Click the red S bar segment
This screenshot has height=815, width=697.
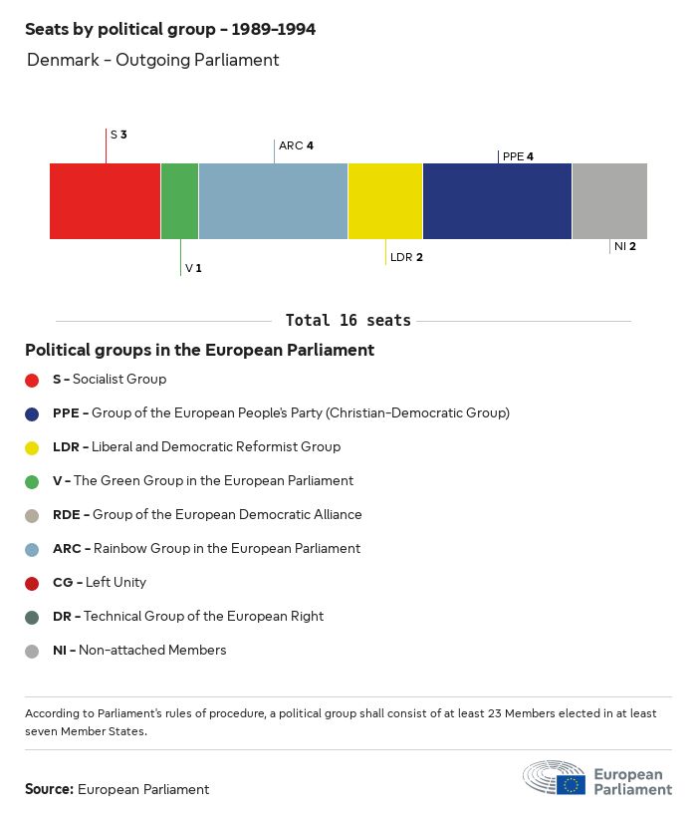[105, 200]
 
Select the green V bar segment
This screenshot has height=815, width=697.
[179, 200]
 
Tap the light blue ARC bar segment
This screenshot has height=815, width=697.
[273, 200]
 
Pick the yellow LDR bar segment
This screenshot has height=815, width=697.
[385, 200]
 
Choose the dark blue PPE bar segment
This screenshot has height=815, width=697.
[497, 200]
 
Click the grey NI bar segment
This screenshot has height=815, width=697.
[609, 200]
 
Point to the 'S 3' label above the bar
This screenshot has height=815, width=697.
[118, 134]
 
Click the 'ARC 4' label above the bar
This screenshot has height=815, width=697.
[296, 145]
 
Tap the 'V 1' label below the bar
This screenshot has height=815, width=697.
[193, 269]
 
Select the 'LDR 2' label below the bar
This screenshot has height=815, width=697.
[406, 257]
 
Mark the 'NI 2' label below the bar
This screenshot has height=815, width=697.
[624, 246]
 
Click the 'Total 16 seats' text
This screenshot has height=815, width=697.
[348, 320]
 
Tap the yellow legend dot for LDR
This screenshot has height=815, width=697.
[32, 447]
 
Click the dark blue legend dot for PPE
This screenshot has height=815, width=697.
[32, 413]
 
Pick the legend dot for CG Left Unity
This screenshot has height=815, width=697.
[32, 583]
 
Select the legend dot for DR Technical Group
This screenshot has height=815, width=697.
[32, 617]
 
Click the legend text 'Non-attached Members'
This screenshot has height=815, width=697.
[152, 650]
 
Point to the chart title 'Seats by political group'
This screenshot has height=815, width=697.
[170, 29]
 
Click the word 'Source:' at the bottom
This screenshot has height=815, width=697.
[49, 789]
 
